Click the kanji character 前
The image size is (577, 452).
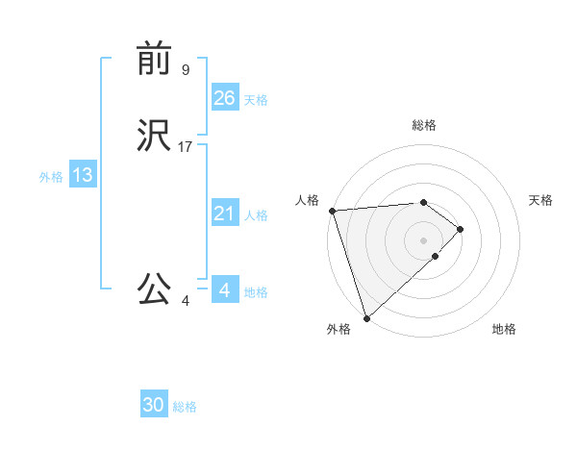pos(155,60)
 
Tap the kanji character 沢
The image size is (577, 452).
pos(155,136)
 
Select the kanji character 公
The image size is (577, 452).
pos(155,289)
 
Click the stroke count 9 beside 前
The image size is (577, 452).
pos(186,69)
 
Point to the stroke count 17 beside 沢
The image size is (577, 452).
pos(186,147)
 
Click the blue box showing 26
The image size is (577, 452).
pos(225,97)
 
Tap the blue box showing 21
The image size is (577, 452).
pos(225,213)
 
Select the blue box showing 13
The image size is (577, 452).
pos(82,175)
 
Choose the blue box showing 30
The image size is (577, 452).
pos(154,405)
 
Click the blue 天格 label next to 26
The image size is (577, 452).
pos(256,100)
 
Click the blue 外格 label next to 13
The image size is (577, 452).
pos(51,177)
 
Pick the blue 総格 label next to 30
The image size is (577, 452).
pos(185,408)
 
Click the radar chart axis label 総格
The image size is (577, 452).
pos(424,125)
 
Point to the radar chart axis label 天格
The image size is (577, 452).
pos(541,200)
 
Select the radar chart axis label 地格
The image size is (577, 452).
pos(504,330)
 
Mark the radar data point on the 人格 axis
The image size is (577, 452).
pos(332,211)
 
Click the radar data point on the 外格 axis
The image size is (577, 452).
pos(366,317)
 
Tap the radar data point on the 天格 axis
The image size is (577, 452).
pos(461,229)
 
